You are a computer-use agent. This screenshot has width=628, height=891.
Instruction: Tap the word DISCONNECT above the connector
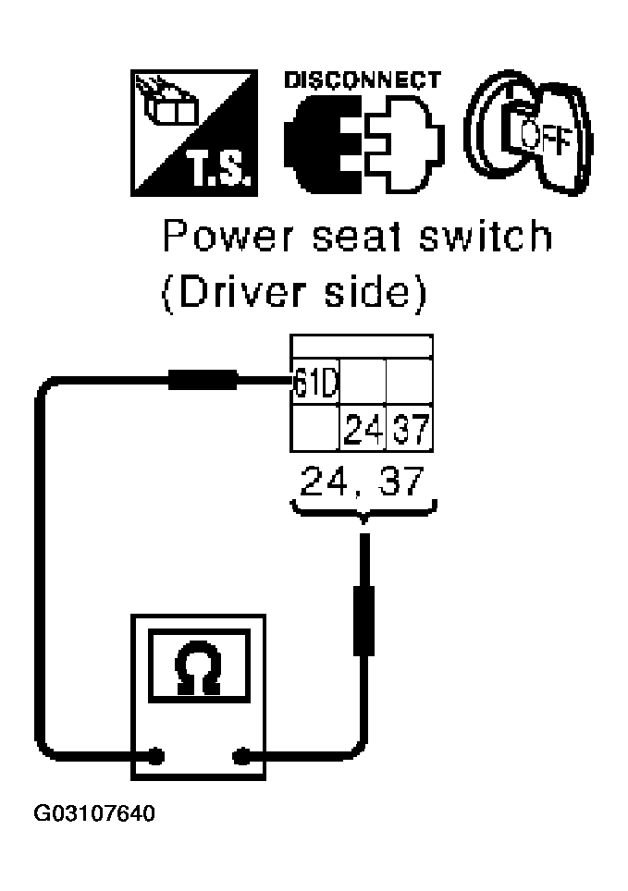[x=362, y=80]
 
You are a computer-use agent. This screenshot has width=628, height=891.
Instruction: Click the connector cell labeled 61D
[x=312, y=381]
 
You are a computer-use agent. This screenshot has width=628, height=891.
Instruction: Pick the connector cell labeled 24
[x=363, y=428]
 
